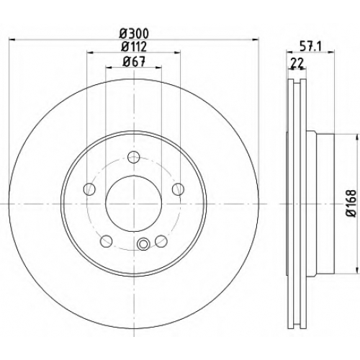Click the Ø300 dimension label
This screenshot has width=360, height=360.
(134, 33)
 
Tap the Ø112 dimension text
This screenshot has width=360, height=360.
(134, 47)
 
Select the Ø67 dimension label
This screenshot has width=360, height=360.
(134, 62)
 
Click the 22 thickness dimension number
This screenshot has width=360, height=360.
(297, 63)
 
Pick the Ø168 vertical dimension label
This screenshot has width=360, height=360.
(352, 204)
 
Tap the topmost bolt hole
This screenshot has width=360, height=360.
(134, 158)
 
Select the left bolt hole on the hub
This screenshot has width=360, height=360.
(89, 189)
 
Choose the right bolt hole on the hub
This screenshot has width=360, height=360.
(179, 189)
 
